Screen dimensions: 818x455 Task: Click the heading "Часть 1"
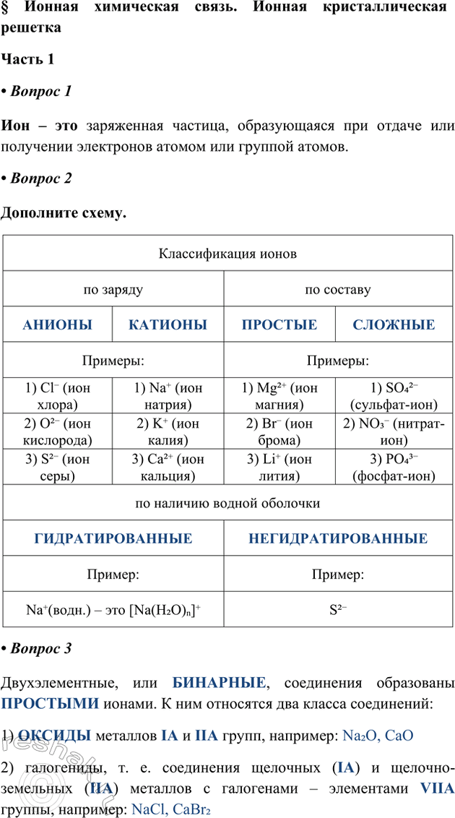pos(28,60)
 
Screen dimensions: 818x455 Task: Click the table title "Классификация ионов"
pos(227,254)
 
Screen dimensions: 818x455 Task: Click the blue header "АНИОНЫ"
pos(58,324)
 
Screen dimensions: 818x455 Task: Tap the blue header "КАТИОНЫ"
pos(168,324)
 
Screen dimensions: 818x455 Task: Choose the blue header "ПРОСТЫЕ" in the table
pos(279,324)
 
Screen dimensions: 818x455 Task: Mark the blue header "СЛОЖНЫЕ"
pos(394,324)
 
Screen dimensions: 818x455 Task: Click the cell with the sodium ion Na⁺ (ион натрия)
pos(168,395)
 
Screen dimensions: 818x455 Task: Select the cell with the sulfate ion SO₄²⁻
pos(394,395)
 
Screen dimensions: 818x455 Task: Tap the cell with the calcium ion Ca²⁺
pos(168,468)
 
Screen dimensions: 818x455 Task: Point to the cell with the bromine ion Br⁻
pos(279,431)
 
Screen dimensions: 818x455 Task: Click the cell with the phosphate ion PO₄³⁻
pos(394,468)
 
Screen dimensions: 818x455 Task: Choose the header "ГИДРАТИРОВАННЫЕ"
pos(113,538)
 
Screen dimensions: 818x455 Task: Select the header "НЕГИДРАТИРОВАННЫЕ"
pos(338,538)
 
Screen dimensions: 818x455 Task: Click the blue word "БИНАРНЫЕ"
pos(220,681)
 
